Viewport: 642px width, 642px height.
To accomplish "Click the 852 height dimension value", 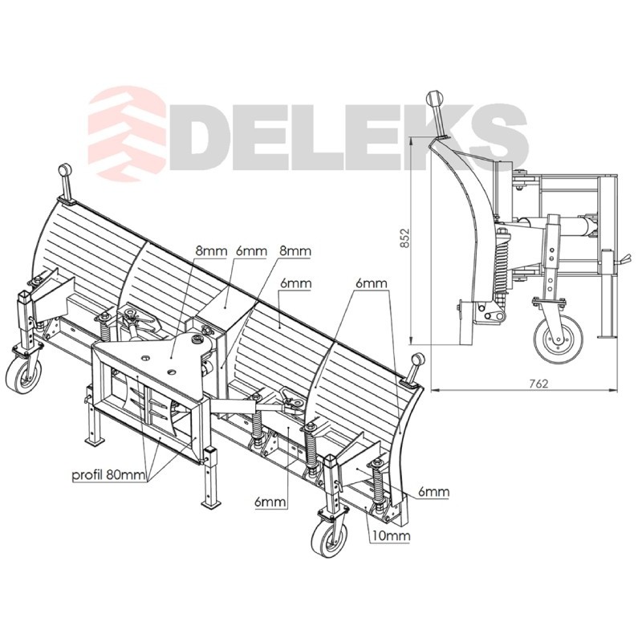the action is click(x=404, y=238).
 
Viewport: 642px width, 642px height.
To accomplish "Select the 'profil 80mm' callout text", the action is click(x=108, y=475).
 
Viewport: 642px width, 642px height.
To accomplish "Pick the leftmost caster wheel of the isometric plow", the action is click(x=24, y=376).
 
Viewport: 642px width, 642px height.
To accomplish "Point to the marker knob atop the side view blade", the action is click(x=436, y=99).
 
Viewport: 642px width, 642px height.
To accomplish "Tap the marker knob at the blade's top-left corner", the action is click(x=64, y=169).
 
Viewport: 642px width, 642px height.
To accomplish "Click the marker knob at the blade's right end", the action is click(x=418, y=360).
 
